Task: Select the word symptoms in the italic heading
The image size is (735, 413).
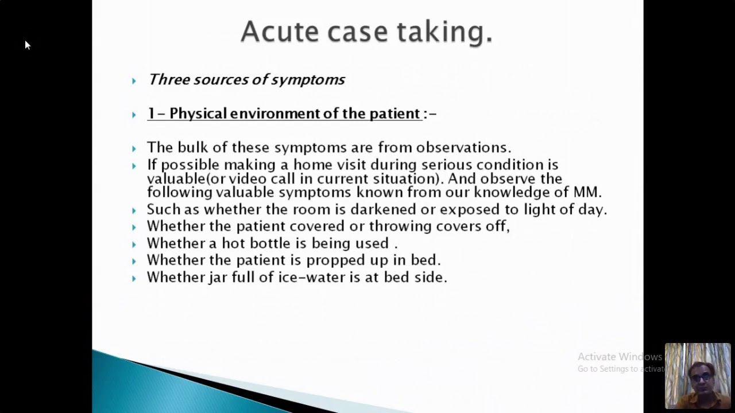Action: (x=308, y=80)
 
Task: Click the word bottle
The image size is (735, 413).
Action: (x=270, y=243)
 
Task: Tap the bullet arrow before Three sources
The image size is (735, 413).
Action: (x=134, y=81)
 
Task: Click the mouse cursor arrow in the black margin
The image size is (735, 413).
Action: (x=27, y=45)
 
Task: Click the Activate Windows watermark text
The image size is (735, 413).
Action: (x=619, y=357)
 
